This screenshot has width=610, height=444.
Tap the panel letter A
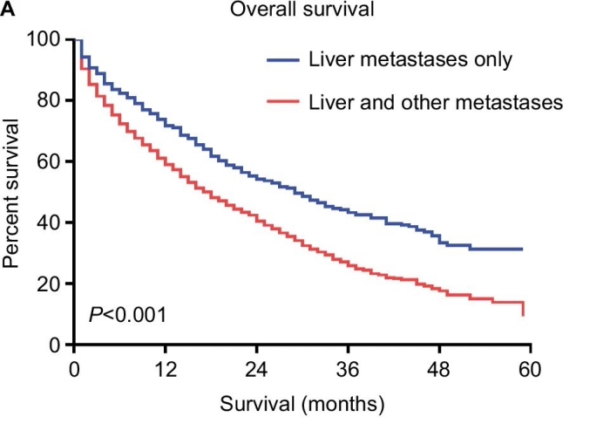pos(8,10)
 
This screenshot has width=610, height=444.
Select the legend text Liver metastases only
pos(410,60)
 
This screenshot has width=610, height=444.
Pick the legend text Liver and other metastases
pos(436,102)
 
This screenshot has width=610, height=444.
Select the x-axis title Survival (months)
pos(302,405)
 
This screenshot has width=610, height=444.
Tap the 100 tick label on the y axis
pos(44,39)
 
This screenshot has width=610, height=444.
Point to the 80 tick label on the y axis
pos(50,100)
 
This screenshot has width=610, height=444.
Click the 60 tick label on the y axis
pos(50,161)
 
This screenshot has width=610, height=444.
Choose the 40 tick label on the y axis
pos(50,222)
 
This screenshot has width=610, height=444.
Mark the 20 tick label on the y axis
pos(50,283)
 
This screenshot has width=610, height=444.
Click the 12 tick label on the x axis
pos(166,367)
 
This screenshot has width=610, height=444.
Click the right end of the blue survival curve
pos(522,249)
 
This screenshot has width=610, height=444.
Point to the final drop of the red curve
pos(523,309)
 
